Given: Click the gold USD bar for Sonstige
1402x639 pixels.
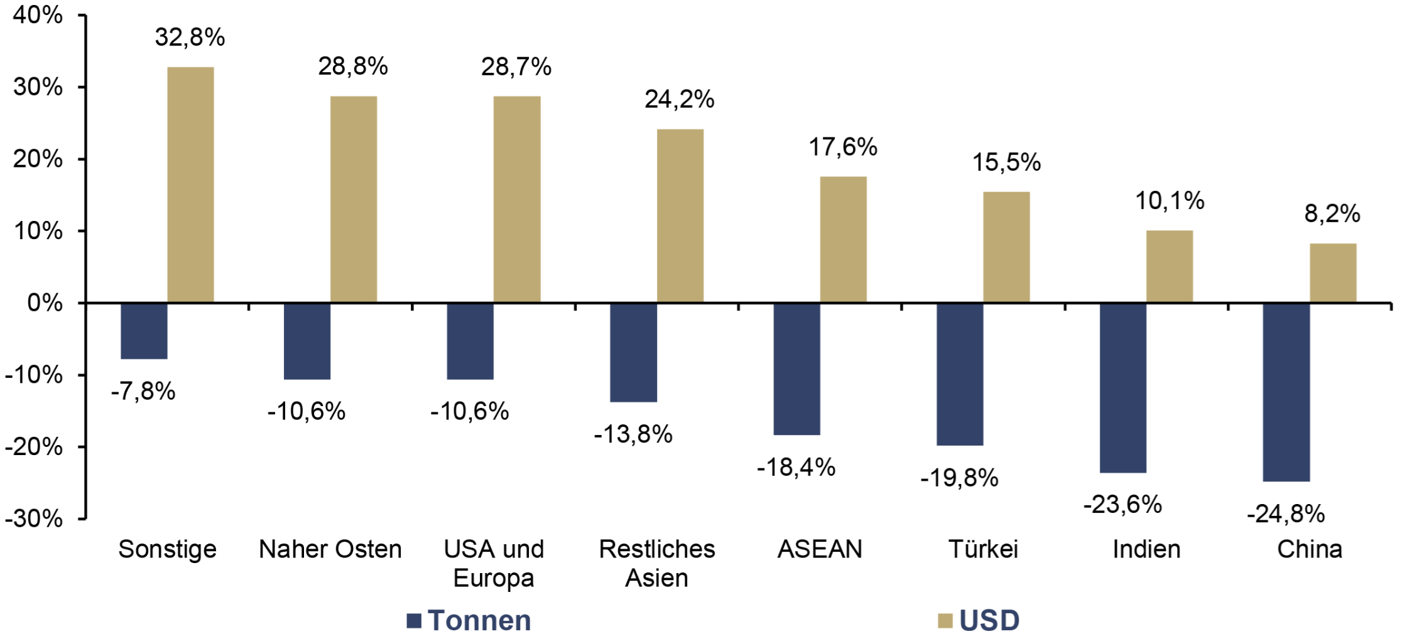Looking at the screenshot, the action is click(190, 185).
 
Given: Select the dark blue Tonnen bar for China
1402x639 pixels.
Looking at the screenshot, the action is click(1286, 392).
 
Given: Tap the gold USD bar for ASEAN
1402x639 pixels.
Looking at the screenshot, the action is click(844, 239).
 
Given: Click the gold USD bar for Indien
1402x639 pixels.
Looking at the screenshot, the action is click(1170, 266).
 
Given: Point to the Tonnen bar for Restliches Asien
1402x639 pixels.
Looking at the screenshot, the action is click(634, 353).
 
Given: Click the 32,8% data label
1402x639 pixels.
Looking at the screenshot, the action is click(190, 38).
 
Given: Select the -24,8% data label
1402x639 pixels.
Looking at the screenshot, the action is click(1286, 514).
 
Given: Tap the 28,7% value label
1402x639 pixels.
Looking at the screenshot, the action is click(516, 67).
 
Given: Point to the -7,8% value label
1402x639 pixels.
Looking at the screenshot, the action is click(143, 392).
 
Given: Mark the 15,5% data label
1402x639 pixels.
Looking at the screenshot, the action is click(1006, 163).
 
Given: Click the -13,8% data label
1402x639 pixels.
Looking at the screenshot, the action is click(633, 434).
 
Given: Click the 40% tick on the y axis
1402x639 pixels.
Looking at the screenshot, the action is click(38, 15).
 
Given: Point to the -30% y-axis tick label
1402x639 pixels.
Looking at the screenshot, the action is click(34, 519).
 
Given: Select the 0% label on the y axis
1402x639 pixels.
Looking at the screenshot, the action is click(45, 303).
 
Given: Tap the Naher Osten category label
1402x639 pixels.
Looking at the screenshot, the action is click(330, 549).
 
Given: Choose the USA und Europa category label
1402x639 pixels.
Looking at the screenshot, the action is click(494, 563).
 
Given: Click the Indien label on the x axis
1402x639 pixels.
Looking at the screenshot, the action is click(1146, 549).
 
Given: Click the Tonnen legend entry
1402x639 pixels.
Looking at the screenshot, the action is click(469, 621).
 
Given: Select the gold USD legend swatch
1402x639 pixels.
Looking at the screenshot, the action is click(945, 621).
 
